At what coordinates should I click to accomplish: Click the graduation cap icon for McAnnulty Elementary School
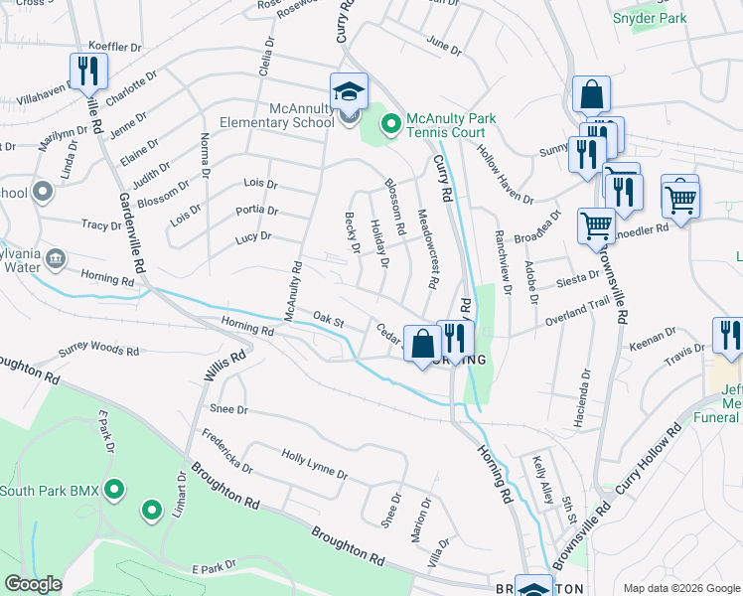coord(349,91)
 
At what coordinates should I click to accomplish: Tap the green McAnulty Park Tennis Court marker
coord(391,124)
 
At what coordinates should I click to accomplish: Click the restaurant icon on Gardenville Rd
coord(88,71)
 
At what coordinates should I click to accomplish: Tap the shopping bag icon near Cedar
coord(422,344)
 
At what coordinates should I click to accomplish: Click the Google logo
coord(34,584)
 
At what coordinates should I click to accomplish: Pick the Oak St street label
coord(328,321)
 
